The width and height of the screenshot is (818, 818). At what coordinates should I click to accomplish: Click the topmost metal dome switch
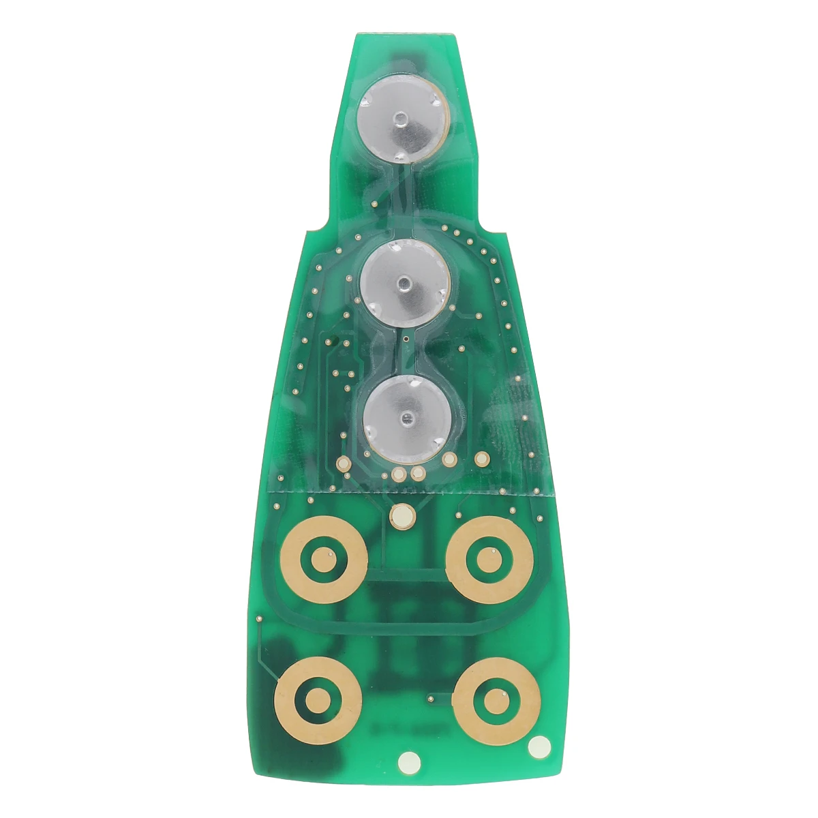402,120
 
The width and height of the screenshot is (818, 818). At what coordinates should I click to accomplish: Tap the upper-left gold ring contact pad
324,560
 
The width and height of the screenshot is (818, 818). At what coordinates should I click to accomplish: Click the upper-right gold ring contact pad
489,560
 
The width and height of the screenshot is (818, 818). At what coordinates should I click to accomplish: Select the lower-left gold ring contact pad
318,701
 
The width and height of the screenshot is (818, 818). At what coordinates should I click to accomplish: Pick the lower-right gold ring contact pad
496,701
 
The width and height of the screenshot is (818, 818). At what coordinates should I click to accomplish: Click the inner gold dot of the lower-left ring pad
318,701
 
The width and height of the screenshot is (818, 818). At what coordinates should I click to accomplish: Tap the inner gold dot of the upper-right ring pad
489,560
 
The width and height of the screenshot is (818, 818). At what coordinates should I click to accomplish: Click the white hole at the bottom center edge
410,760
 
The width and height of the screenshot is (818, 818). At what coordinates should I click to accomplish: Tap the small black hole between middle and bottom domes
406,337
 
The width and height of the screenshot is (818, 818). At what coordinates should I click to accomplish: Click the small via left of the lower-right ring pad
429,698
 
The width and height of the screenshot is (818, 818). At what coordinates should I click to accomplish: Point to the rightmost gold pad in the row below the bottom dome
482,459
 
